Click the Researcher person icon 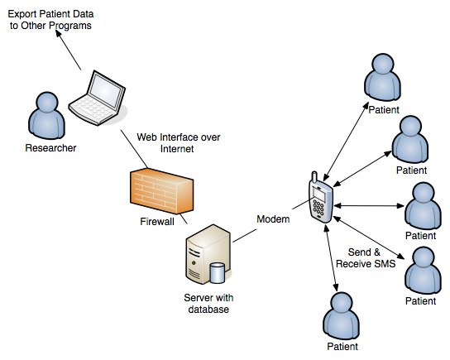pos(46,116)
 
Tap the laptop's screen pos(105,90)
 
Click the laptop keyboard pos(93,109)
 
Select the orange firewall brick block pos(161,190)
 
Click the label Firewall pos(157,222)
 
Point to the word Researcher pos(50,148)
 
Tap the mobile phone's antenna pos(314,177)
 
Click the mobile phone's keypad pos(318,208)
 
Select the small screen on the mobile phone pos(319,194)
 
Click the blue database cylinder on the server pos(218,273)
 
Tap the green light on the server pos(194,263)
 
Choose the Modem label pos(273,219)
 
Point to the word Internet pos(177,149)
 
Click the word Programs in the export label pos(72,26)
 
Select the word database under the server pos(208,310)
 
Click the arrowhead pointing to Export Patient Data pos(59,34)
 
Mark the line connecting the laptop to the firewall pos(134,149)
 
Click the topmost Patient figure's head pos(383,64)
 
